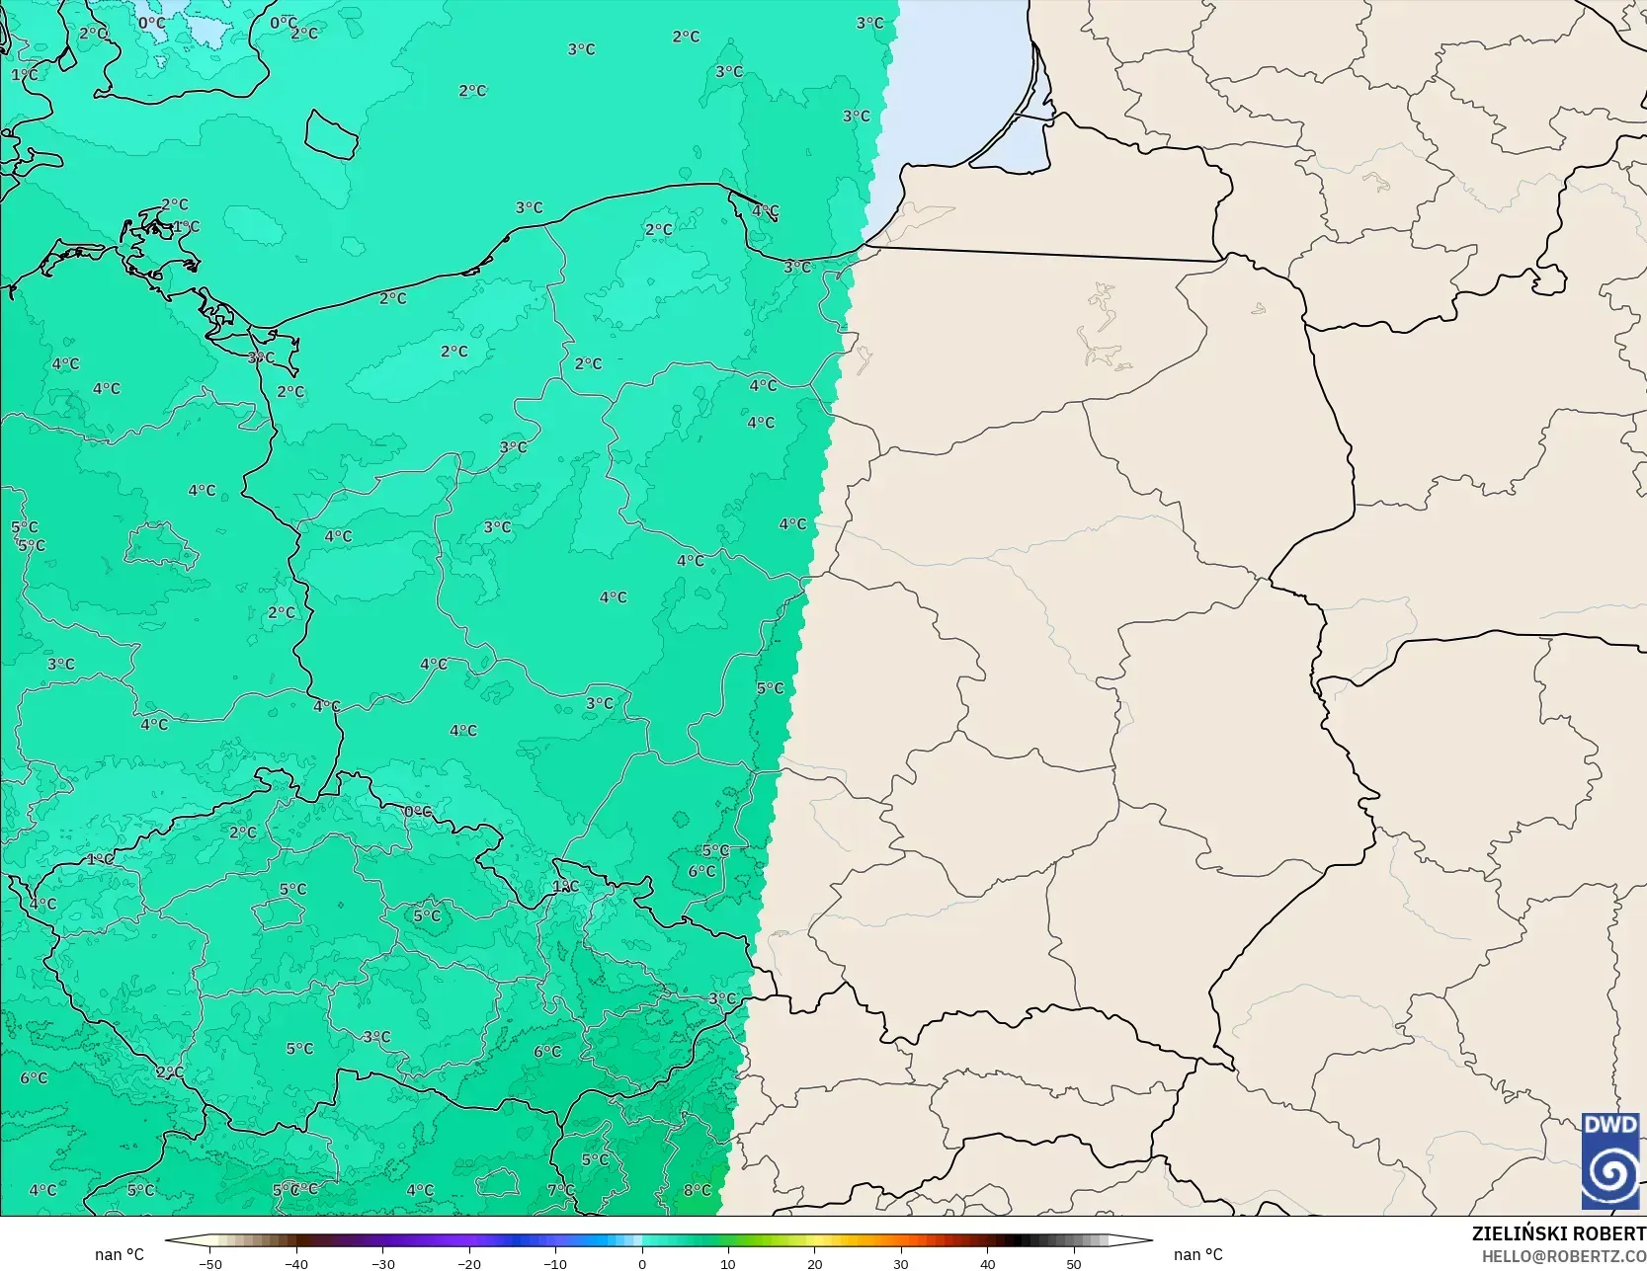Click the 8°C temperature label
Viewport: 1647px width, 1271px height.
[x=697, y=1190]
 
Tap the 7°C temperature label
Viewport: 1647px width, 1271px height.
[x=560, y=1190]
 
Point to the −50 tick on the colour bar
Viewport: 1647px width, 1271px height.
[x=210, y=1263]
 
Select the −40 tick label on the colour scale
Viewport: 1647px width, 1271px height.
[x=296, y=1263]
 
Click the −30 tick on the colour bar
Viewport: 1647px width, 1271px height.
[x=383, y=1263]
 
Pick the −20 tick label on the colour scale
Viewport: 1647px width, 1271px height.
[x=469, y=1263]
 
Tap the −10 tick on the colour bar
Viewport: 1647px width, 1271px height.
[x=555, y=1263]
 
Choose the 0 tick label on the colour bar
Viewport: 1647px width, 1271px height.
[x=642, y=1263]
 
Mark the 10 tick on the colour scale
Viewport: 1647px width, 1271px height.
[x=728, y=1263]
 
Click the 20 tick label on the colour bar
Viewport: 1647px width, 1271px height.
[x=814, y=1263]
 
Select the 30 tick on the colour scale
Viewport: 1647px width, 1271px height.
[x=901, y=1263]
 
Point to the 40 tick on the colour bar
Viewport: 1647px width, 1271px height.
[x=987, y=1263]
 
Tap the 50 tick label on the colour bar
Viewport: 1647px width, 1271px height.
[x=1074, y=1263]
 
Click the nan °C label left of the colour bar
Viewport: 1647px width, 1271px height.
[x=120, y=1254]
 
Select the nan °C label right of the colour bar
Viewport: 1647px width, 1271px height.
[x=1197, y=1254]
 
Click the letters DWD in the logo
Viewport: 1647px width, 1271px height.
[x=1610, y=1125]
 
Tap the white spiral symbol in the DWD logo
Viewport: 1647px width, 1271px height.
[x=1610, y=1173]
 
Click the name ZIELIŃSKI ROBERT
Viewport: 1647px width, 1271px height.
[x=1558, y=1233]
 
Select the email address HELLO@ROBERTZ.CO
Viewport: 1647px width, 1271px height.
[x=1563, y=1256]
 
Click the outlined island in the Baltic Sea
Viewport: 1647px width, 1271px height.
[x=330, y=134]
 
